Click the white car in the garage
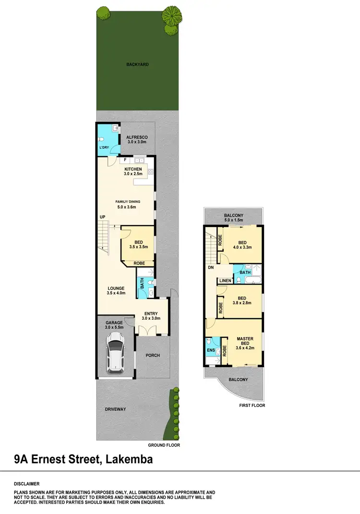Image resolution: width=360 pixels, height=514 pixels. click(116, 352)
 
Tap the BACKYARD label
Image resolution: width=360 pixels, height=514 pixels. click(138, 64)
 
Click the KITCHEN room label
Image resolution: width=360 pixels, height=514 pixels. click(133, 169)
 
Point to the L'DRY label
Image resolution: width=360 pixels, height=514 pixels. click(104, 147)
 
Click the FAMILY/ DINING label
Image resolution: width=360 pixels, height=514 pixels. click(127, 201)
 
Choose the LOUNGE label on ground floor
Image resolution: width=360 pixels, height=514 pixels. click(116, 288)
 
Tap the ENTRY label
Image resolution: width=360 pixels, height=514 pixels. click(151, 313)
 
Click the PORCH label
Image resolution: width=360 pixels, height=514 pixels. click(153, 355)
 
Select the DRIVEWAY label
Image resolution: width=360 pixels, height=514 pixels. click(115, 409)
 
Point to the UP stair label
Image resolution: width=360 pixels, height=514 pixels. click(102, 217)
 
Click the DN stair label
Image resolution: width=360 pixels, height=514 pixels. click(211, 268)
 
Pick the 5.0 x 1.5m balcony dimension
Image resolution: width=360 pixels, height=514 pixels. click(234, 220)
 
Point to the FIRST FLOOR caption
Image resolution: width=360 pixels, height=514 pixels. click(252, 406)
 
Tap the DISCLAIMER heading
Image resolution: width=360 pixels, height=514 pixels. click(27, 484)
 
